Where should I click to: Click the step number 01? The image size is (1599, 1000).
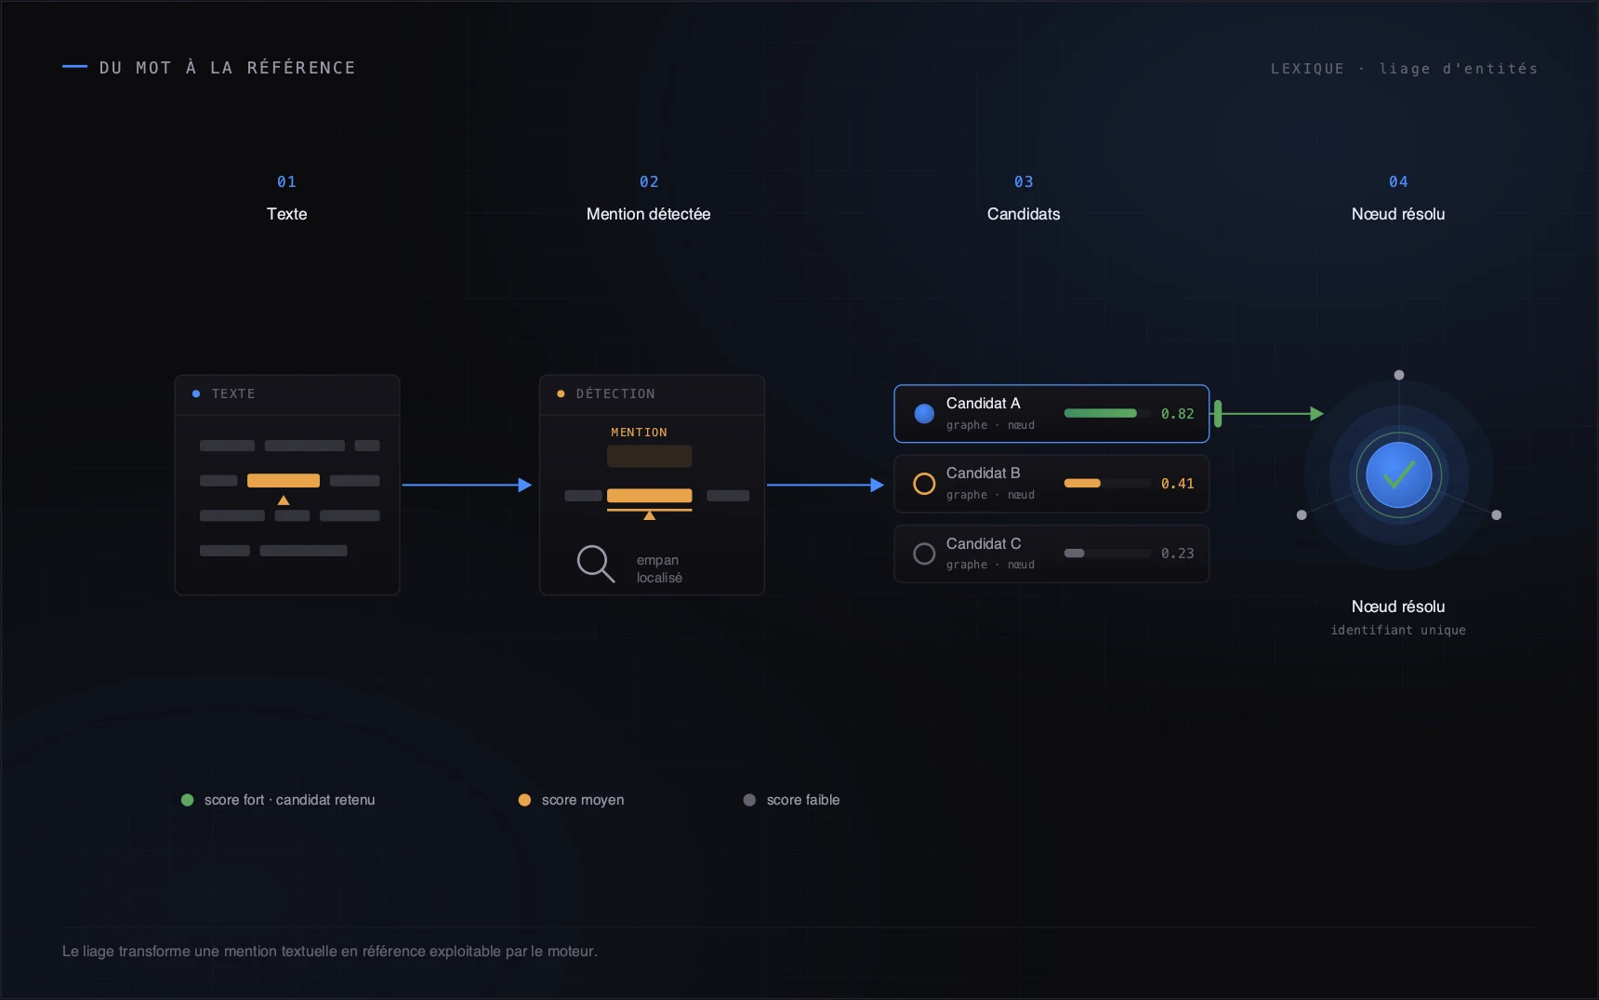(286, 181)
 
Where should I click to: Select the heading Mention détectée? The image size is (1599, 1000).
(648, 214)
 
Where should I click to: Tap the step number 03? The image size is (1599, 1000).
(1024, 181)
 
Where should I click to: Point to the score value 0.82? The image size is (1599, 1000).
(1177, 414)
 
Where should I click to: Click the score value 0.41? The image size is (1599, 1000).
(1177, 484)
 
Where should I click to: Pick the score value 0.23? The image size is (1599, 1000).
(1177, 553)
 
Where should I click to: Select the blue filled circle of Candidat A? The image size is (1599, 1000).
(924, 414)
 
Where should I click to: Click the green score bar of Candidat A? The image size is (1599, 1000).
(1100, 413)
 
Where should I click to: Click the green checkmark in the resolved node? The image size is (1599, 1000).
(1398, 475)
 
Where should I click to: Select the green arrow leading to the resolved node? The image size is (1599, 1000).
(1269, 414)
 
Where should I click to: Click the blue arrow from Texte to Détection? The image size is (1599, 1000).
(467, 485)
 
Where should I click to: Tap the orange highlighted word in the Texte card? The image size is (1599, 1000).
(284, 480)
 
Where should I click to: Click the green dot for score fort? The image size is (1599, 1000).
(187, 800)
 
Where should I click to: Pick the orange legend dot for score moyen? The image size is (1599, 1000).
(524, 800)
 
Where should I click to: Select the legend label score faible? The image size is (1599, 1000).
(803, 800)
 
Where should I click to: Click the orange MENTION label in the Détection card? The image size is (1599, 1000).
(639, 433)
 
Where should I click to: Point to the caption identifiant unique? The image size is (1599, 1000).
(1398, 630)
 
